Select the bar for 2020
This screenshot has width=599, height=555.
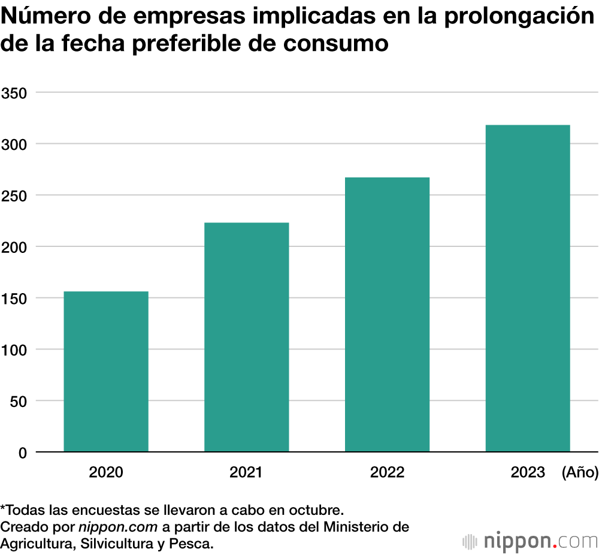[x=106, y=372]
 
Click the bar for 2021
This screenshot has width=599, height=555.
[x=247, y=337]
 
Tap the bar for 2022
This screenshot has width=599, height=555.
[x=388, y=315]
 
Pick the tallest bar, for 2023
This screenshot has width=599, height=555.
[x=528, y=288]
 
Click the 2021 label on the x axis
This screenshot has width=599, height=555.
[x=246, y=472]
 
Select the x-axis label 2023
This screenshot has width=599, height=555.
[x=528, y=472]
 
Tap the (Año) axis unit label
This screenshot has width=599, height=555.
[x=580, y=472]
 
